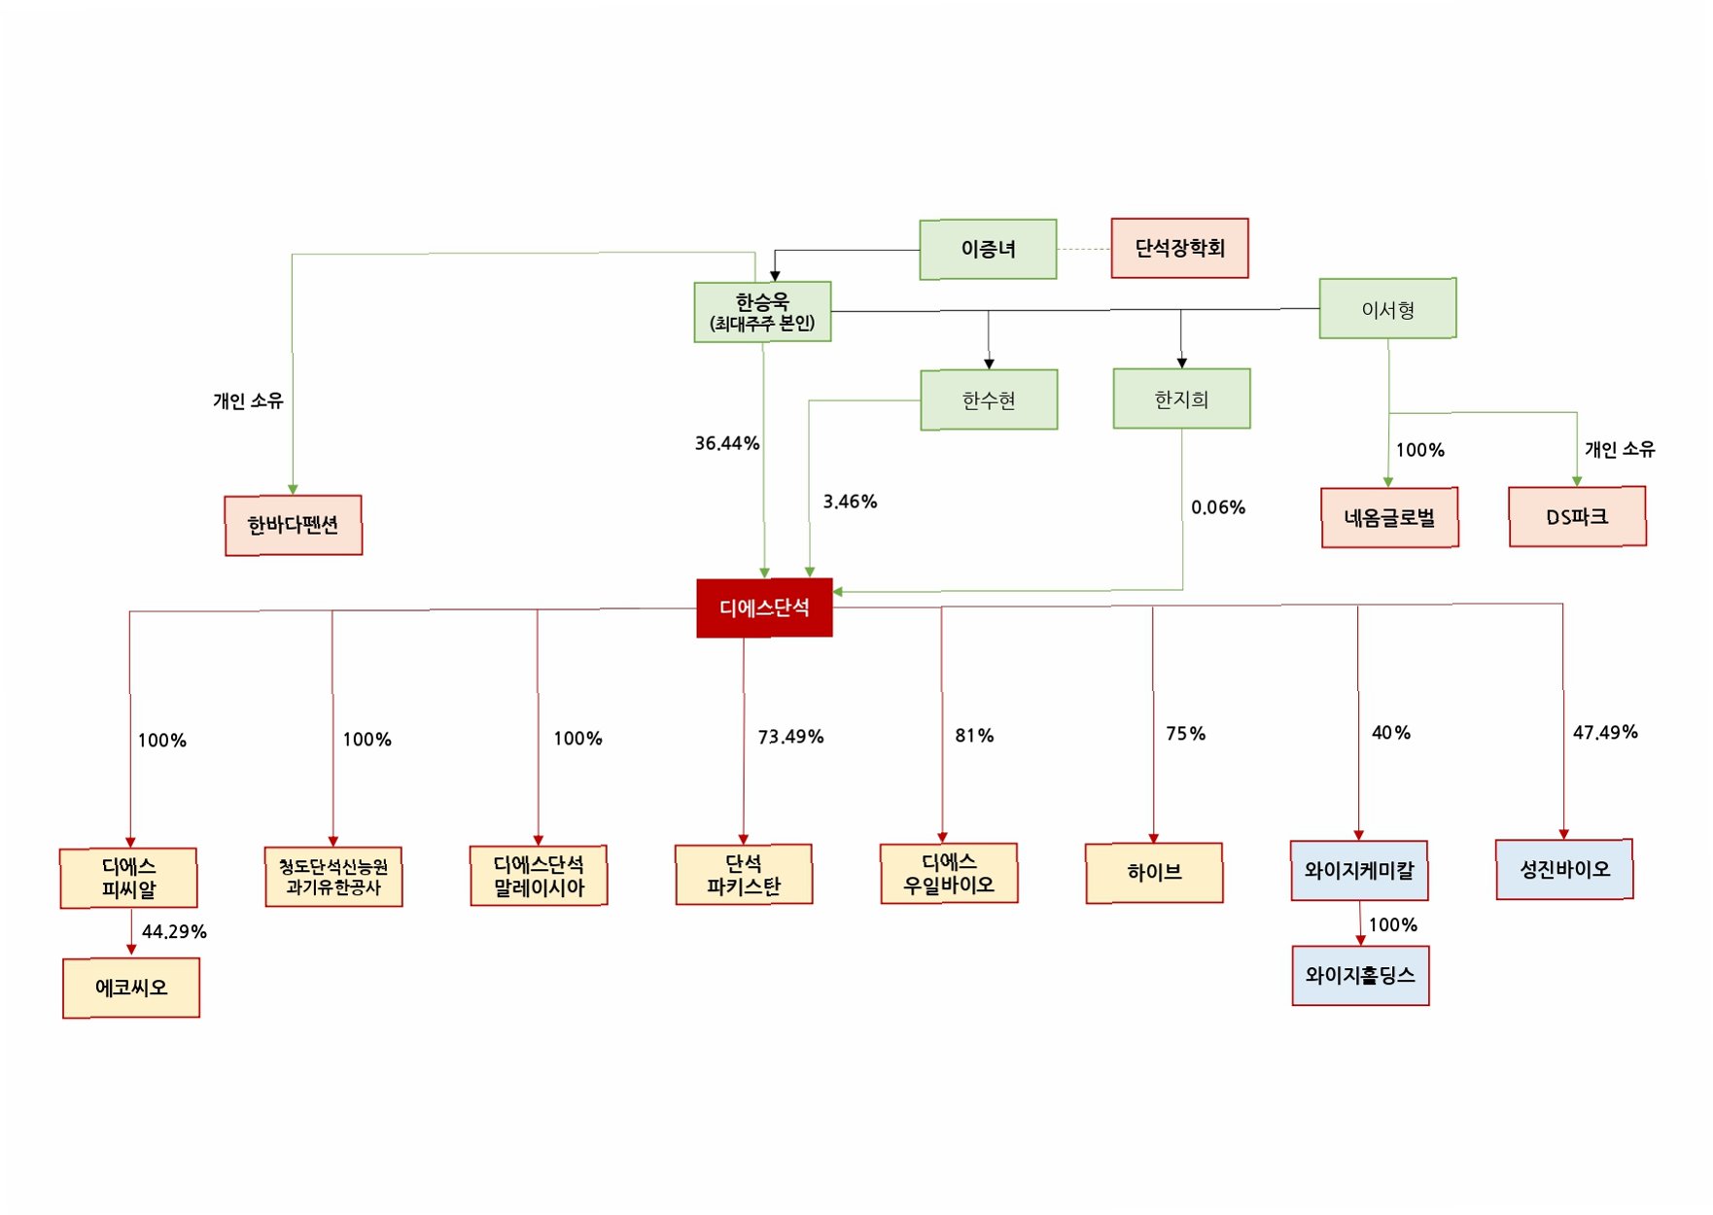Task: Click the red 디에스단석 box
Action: tap(764, 607)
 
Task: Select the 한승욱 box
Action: tap(762, 311)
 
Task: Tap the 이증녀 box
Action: tap(988, 249)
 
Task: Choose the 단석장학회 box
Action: tap(1179, 248)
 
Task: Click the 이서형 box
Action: tap(1387, 309)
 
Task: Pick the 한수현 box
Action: tap(989, 399)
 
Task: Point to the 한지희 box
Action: tap(1181, 399)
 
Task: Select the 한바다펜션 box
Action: tap(293, 525)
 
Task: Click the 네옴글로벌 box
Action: tap(1389, 517)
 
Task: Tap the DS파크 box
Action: tap(1577, 516)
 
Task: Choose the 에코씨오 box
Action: tap(131, 988)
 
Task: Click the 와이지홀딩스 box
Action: tap(1360, 975)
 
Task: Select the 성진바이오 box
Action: tap(1564, 869)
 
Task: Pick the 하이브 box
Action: tap(1154, 873)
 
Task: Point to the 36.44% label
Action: tap(726, 443)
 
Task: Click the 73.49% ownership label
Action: tap(790, 737)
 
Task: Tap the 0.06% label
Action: tap(1217, 507)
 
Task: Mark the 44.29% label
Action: tap(174, 931)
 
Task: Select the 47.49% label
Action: tap(1605, 732)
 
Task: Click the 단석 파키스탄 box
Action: tap(744, 874)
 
